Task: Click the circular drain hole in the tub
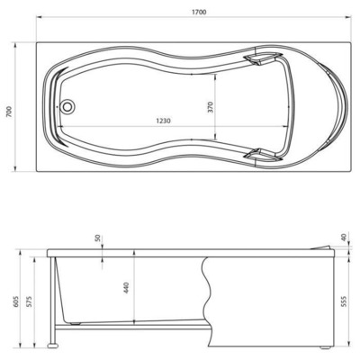point(67,106)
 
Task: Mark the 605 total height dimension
point(13,301)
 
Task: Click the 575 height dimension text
point(31,301)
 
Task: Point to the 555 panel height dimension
point(344,301)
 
